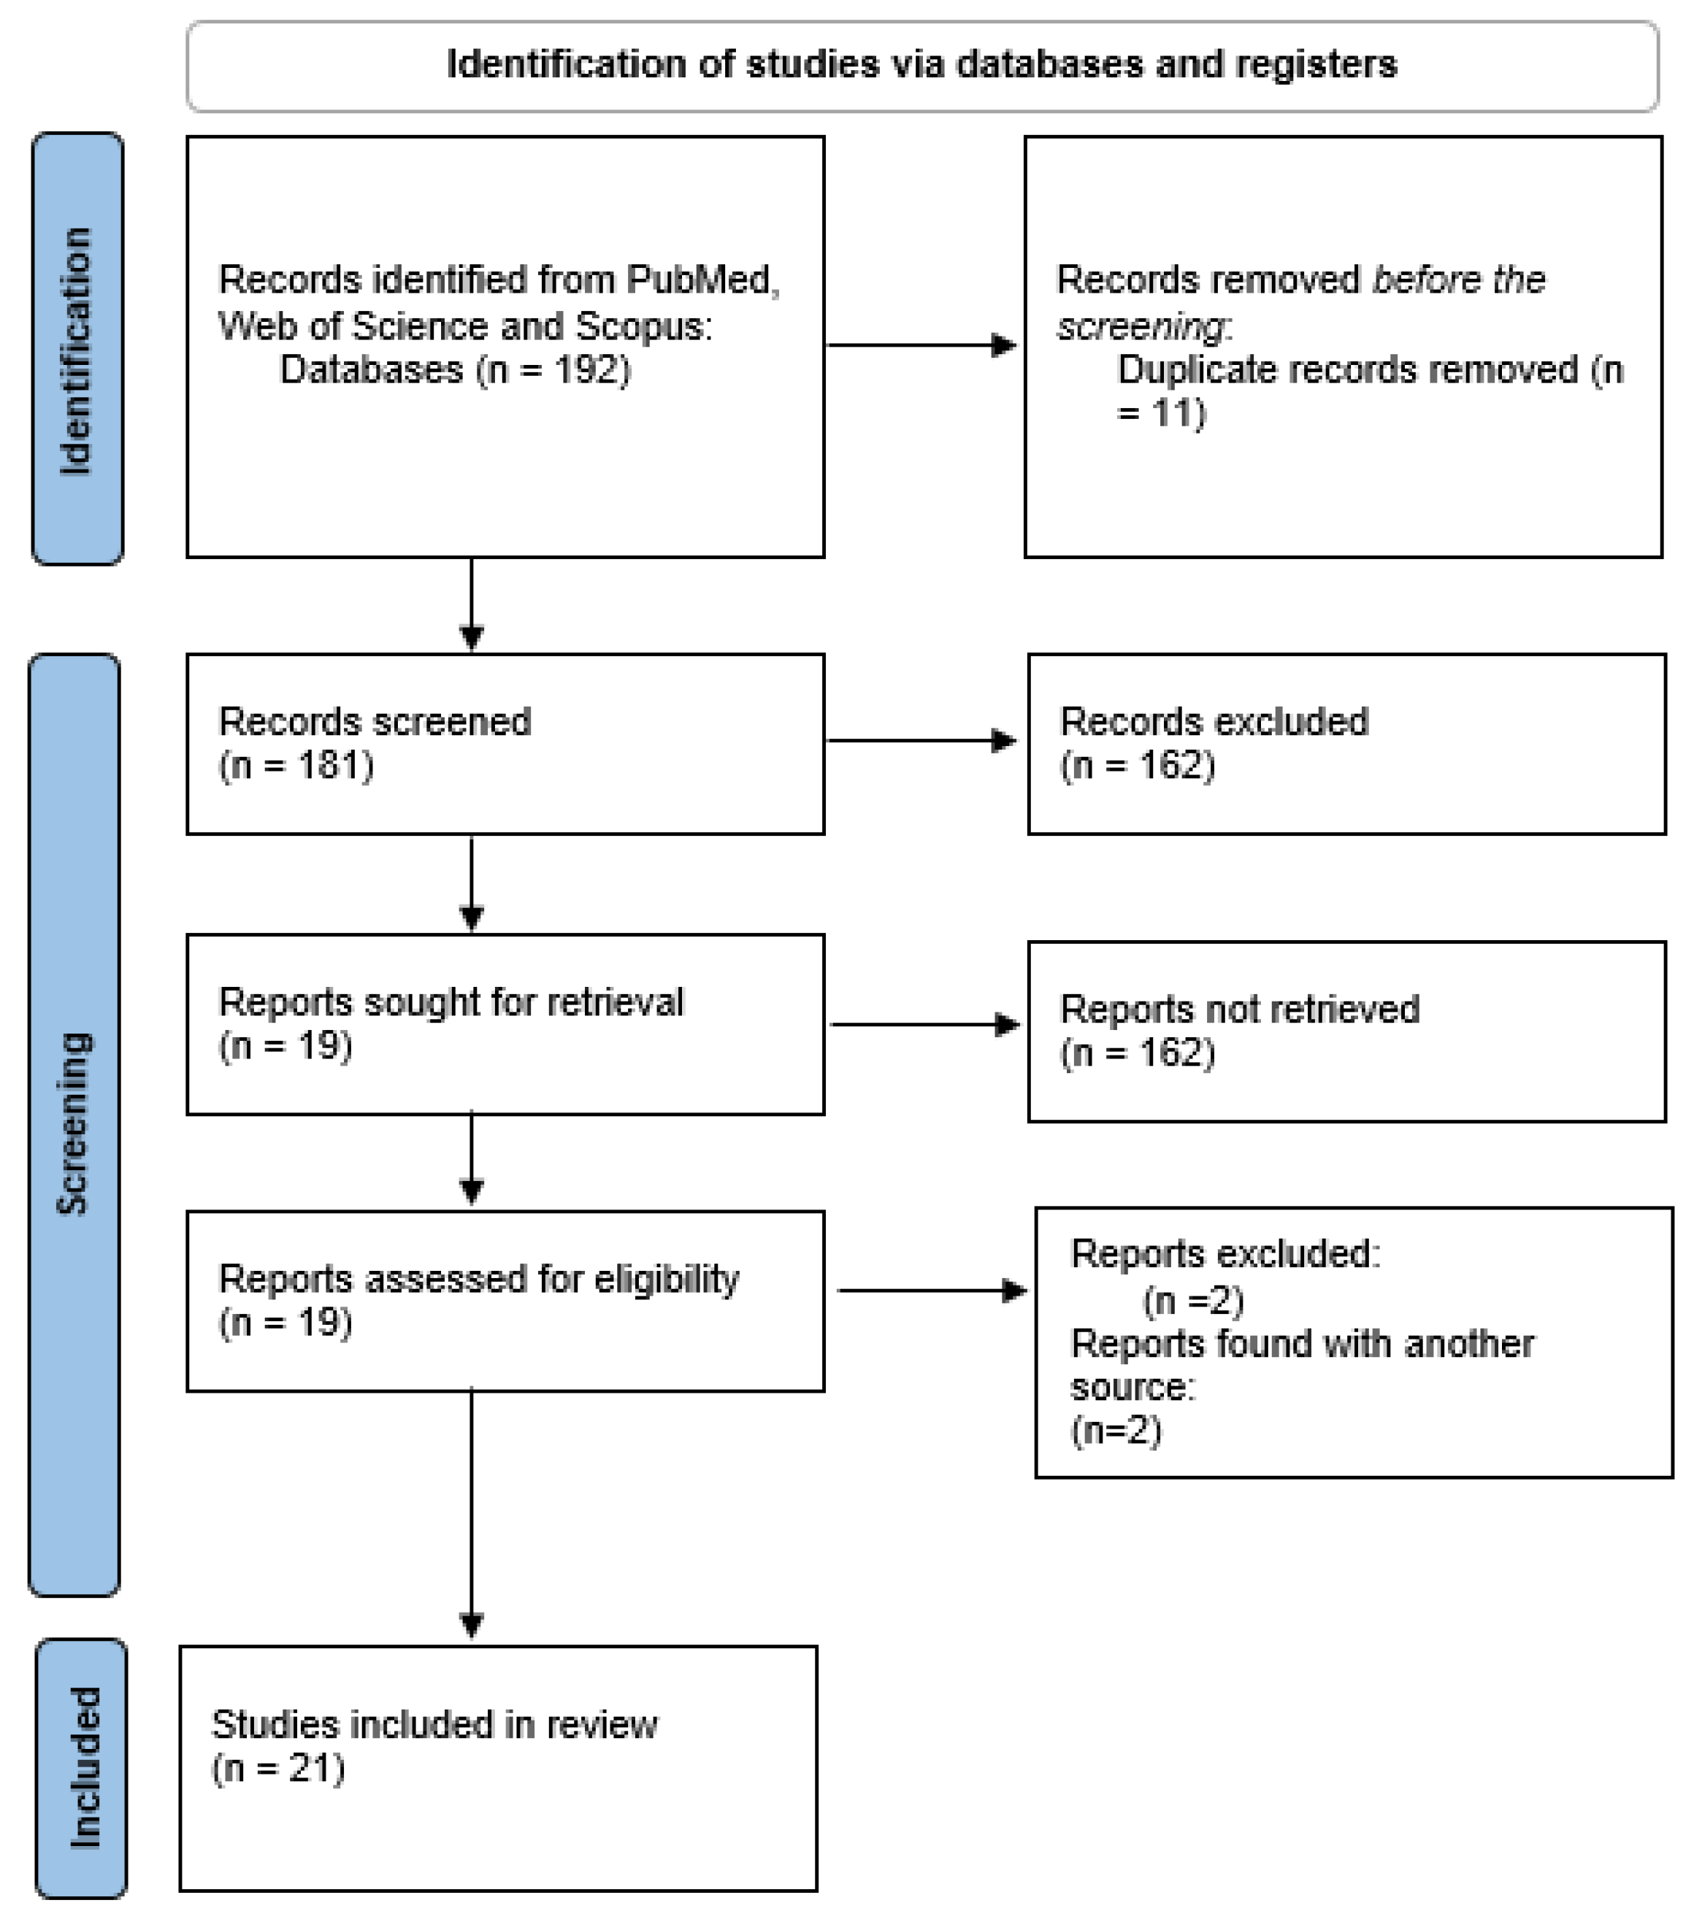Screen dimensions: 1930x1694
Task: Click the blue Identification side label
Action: [77, 350]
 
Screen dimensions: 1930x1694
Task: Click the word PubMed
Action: [702, 280]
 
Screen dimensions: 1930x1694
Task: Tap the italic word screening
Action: [1141, 326]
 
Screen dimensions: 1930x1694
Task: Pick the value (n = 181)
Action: [296, 765]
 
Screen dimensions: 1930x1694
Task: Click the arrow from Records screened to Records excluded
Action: [921, 741]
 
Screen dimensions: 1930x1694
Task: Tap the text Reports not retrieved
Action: [1239, 1010]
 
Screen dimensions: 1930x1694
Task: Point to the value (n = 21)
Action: [278, 1769]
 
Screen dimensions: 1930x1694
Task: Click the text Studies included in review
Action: [434, 1725]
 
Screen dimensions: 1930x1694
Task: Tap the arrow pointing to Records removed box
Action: [921, 345]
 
